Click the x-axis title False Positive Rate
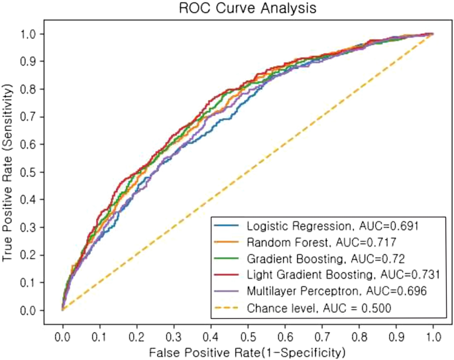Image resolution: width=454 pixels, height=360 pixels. coord(247,349)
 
